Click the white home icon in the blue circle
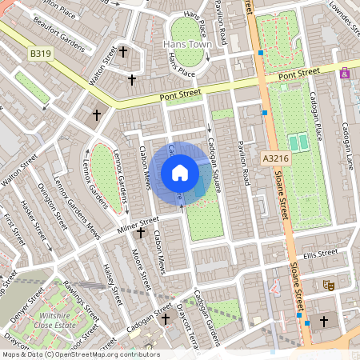(x=180, y=172)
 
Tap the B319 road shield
(x=41, y=53)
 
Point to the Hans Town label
(x=186, y=44)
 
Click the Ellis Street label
(x=322, y=254)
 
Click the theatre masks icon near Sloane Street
(x=328, y=285)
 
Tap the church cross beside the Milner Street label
(x=141, y=234)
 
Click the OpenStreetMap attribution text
(x=80, y=354)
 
